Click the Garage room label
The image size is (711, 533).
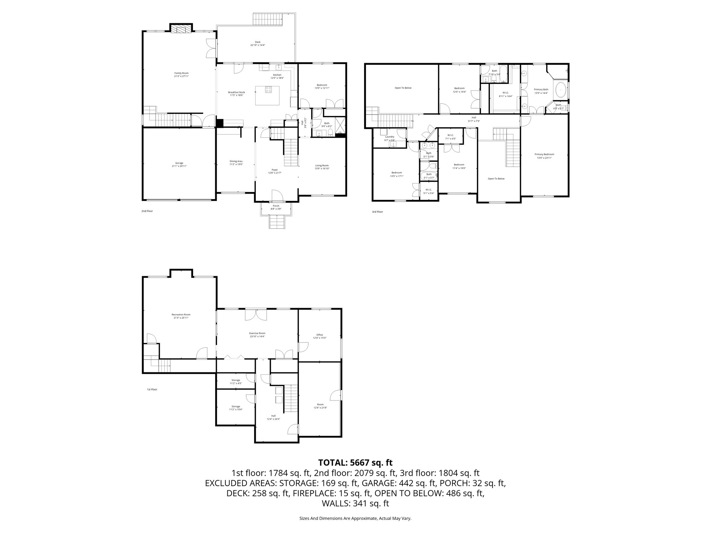[x=179, y=164]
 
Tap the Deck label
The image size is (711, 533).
[x=258, y=43]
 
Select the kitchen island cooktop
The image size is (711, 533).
[x=269, y=90]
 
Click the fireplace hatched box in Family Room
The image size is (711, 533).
[x=181, y=29]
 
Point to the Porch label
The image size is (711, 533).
[x=276, y=207]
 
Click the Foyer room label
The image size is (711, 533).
[x=275, y=171]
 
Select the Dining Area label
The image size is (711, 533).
[x=236, y=163]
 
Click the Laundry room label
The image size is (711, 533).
[x=390, y=138]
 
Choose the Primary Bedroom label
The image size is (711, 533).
[x=544, y=156]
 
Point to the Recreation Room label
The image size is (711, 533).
[x=181, y=316]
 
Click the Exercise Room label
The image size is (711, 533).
[x=257, y=335]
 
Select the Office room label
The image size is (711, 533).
[x=320, y=336]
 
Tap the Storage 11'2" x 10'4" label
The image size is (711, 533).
[x=236, y=408]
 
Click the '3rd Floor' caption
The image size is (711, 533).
[x=377, y=211]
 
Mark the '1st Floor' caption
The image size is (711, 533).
[x=152, y=389]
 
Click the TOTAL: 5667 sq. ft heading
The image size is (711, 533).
[x=355, y=463]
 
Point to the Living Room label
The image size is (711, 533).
[x=322, y=167]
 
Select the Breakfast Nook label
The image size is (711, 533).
[x=236, y=93]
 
